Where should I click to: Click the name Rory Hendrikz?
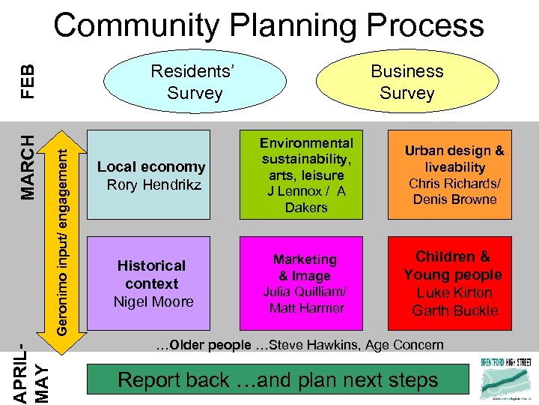click(154, 184)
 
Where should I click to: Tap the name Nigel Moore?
click(153, 301)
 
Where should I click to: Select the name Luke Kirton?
click(454, 292)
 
